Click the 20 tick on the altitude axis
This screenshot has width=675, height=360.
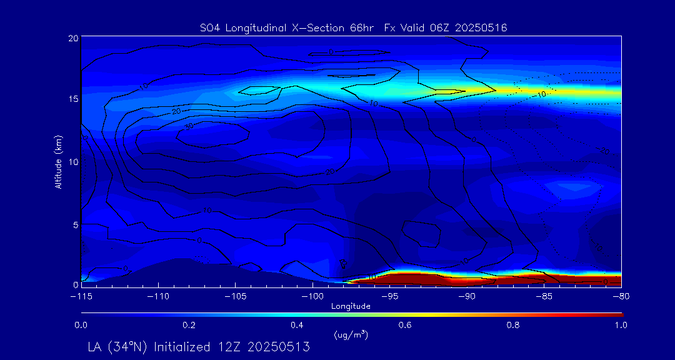point(72,38)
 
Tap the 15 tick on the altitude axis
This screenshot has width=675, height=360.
point(72,99)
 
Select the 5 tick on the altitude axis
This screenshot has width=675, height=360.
point(74,224)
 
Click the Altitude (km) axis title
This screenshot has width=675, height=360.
point(58,161)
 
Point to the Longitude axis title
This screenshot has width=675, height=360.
point(351,306)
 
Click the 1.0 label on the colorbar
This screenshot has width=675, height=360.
point(620,325)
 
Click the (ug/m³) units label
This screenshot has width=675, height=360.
point(351,335)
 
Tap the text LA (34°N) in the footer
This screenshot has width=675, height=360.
point(118,346)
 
